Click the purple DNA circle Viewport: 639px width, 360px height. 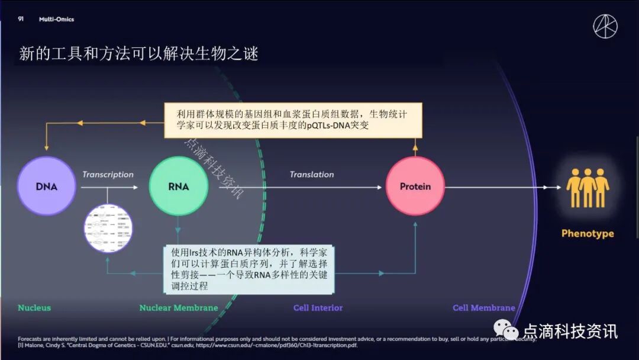click(x=46, y=186)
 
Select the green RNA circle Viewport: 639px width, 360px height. click(x=178, y=186)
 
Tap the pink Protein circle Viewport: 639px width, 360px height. click(x=415, y=186)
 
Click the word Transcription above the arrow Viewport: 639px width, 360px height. click(x=108, y=174)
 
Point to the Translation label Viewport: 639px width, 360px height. click(x=312, y=174)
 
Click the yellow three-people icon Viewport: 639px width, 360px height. click(x=587, y=188)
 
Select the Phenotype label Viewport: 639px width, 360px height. click(x=587, y=233)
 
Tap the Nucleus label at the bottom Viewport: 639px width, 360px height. click(x=34, y=307)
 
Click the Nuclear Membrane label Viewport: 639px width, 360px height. click(x=179, y=307)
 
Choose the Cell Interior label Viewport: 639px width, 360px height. click(x=318, y=307)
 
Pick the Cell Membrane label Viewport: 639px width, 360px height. click(x=483, y=307)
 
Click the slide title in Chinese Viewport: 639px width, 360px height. click(x=138, y=54)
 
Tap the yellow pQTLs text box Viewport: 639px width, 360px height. click(x=293, y=120)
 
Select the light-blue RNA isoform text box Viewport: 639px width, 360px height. click(x=249, y=269)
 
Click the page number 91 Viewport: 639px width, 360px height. click(x=21, y=19)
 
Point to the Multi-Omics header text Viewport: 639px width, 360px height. click(x=56, y=19)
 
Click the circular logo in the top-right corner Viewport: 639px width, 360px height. click(x=605, y=26)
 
